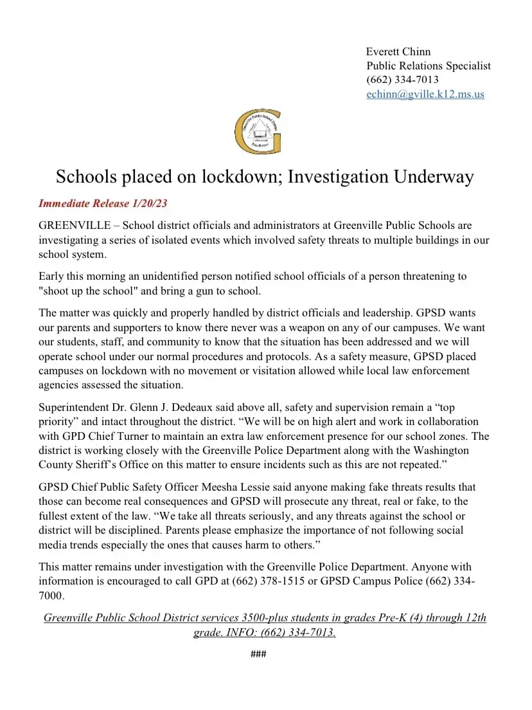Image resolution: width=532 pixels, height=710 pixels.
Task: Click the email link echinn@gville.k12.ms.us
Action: [x=425, y=94]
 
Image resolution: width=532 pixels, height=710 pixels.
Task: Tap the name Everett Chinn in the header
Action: [x=398, y=51]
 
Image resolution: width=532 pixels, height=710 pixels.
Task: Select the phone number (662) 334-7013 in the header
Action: [x=402, y=80]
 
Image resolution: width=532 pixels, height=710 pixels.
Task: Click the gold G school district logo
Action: [x=258, y=131]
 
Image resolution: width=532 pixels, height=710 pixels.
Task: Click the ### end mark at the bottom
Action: [x=258, y=655]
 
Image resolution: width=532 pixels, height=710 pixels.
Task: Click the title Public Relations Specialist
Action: [x=428, y=66]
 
